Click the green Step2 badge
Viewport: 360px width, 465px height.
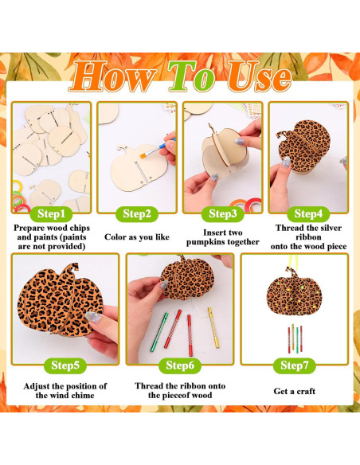tap(137, 213)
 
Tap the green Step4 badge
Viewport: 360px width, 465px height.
tap(307, 213)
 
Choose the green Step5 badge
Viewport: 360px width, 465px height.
tap(65, 365)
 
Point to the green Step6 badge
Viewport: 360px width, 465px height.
tap(180, 365)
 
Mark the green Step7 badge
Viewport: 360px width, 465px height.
tap(295, 365)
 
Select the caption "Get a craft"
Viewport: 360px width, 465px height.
tap(295, 391)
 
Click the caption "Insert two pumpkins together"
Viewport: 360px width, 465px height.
tap(225, 236)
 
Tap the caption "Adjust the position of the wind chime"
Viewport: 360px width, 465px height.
tap(65, 391)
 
